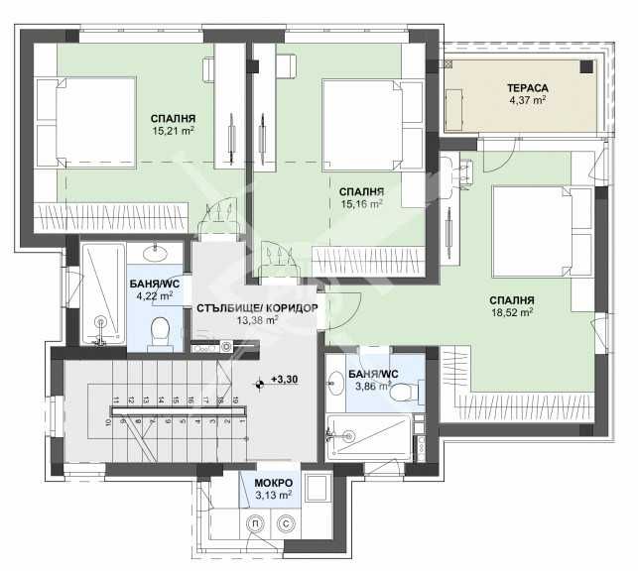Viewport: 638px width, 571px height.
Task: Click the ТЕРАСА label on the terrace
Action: pyautogui.click(x=528, y=88)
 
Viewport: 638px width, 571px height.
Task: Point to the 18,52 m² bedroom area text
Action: pyautogui.click(x=512, y=311)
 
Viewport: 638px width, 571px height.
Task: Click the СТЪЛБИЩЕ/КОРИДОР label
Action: pyautogui.click(x=257, y=307)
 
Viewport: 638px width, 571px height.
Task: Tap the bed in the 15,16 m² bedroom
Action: pyautogui.click(x=363, y=117)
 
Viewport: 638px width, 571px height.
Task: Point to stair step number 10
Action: pyautogui.click(x=110, y=420)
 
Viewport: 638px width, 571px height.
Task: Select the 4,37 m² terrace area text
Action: pyautogui.click(x=528, y=100)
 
